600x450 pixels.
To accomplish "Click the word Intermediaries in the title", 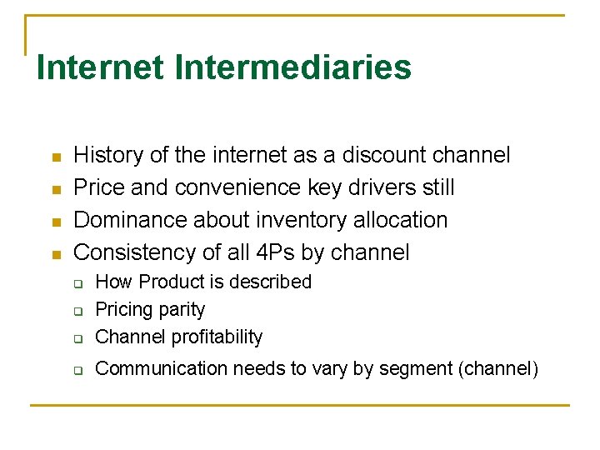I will click(293, 67).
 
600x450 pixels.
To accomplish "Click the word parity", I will click(184, 310).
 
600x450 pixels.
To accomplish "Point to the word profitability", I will click(217, 337).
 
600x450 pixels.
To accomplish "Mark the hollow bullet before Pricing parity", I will click(77, 312).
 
